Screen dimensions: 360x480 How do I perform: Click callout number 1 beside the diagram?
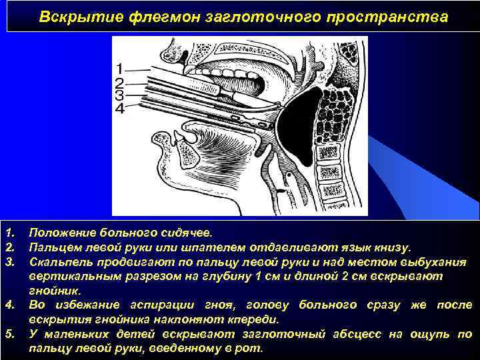(119, 68)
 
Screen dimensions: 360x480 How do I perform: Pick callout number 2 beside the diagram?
(119, 83)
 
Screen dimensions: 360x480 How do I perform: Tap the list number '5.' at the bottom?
(9, 333)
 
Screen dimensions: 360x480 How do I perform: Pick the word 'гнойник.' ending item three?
(54, 291)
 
